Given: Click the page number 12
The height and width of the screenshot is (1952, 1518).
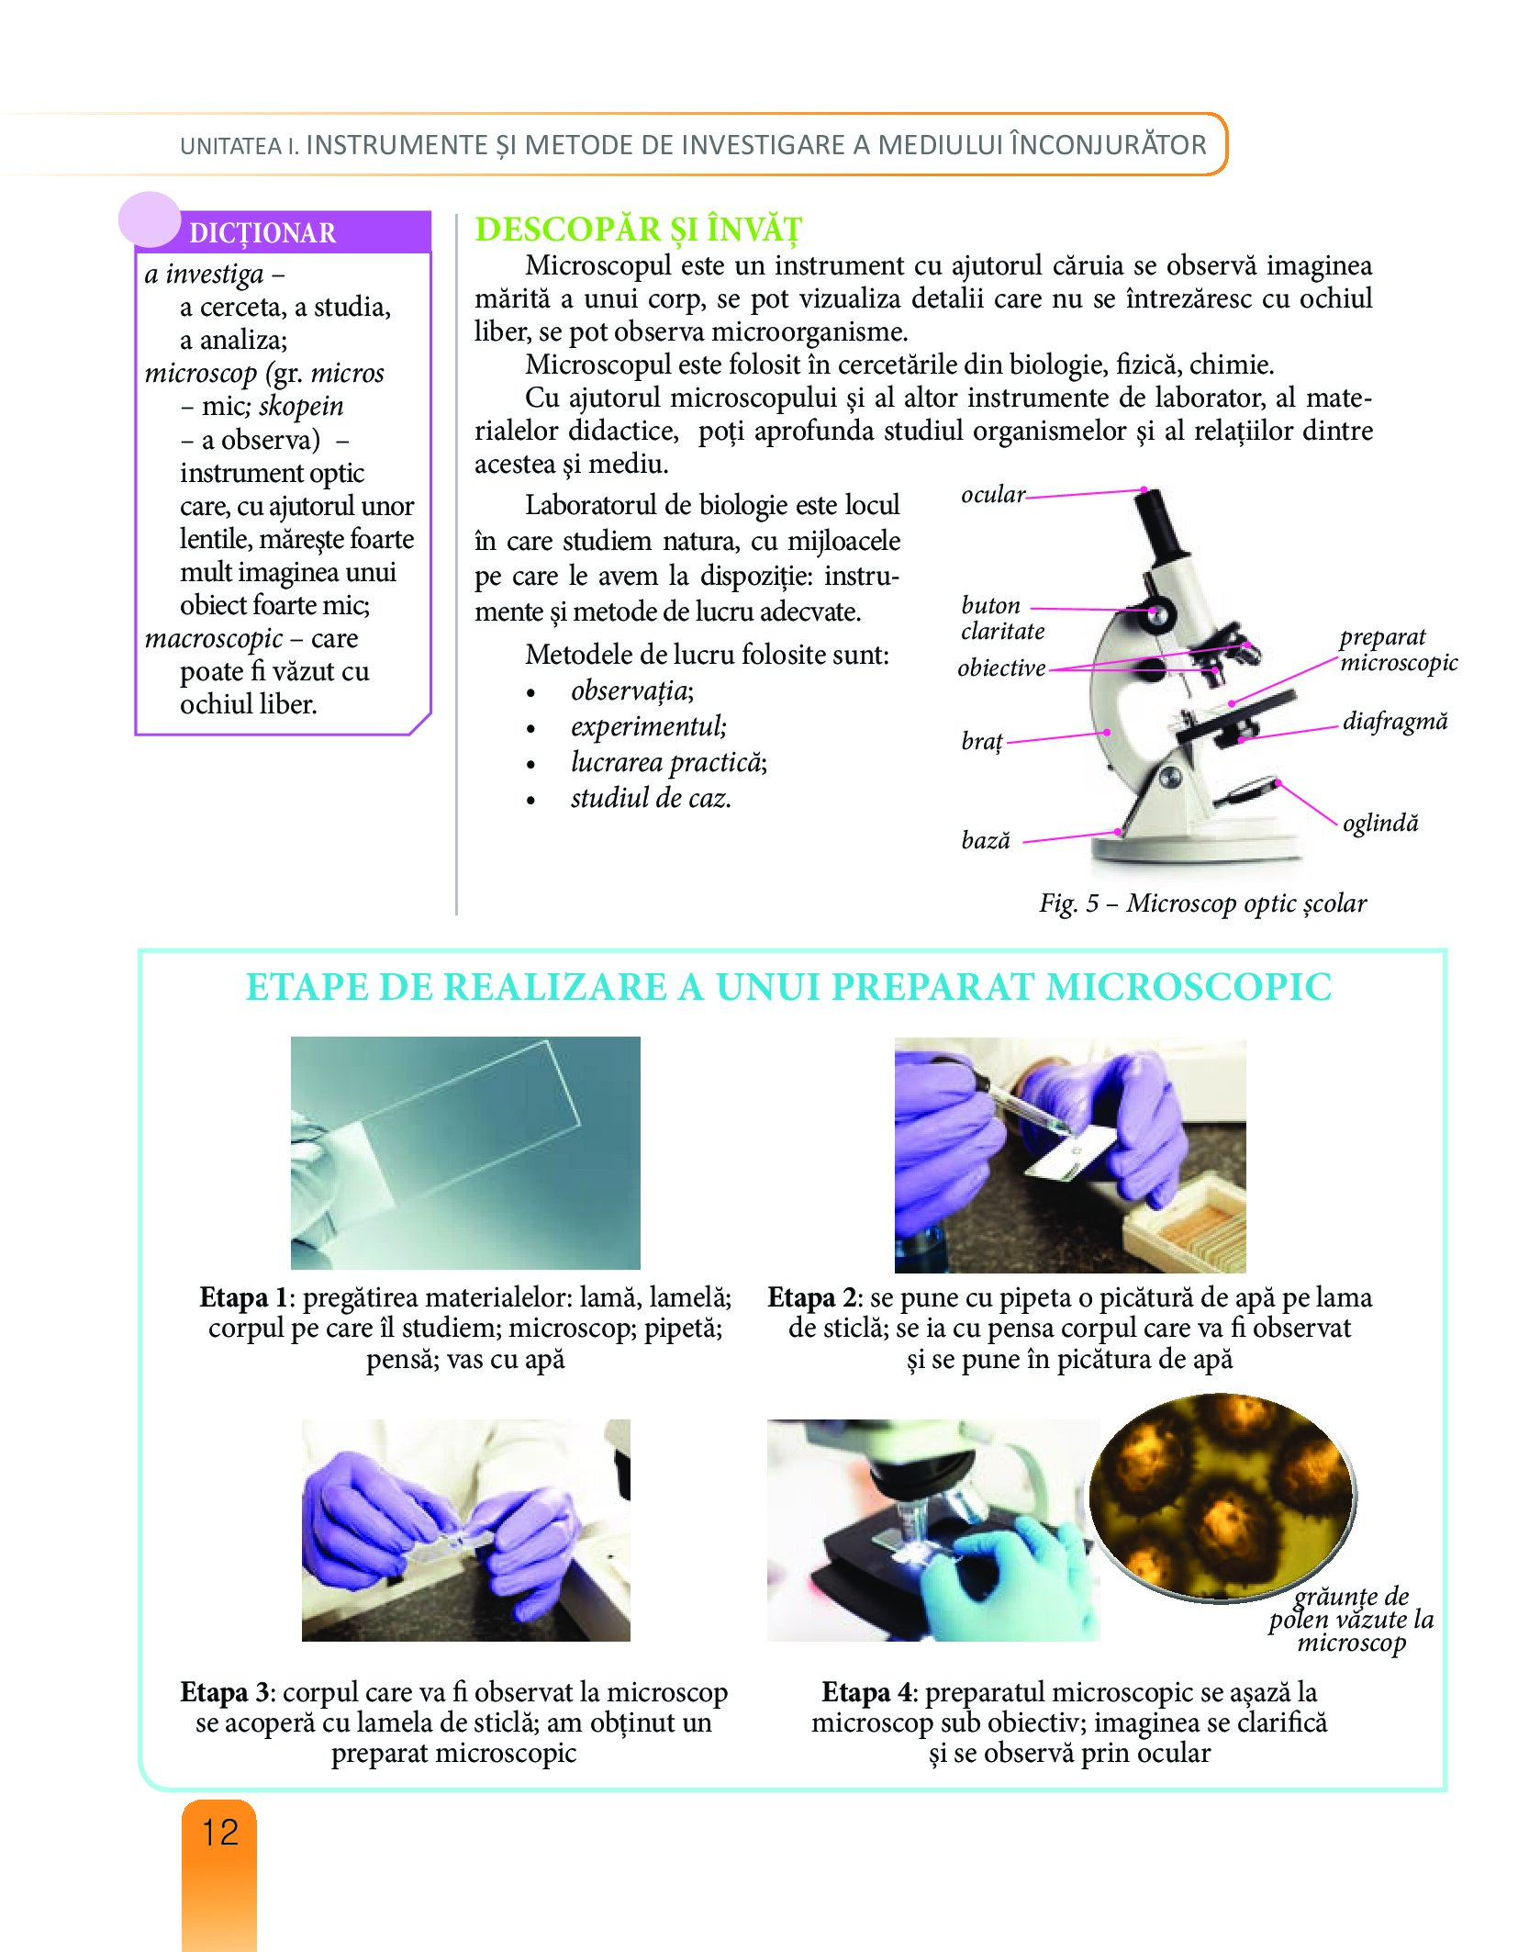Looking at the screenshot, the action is coord(220,1833).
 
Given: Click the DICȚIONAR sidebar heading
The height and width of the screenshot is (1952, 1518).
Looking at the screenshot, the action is coord(262,233).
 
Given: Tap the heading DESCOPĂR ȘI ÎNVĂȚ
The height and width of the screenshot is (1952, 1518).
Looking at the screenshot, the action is coord(639,230).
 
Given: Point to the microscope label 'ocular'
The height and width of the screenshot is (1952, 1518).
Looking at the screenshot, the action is coord(993,495).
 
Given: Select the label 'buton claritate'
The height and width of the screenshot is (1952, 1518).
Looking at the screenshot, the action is coord(1002,618).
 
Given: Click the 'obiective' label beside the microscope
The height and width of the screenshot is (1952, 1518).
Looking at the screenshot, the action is coord(1001,668).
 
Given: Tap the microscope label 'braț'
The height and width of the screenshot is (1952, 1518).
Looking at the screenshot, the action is coord(982,740).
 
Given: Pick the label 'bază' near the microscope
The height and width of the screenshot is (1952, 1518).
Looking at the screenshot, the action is coord(986,840).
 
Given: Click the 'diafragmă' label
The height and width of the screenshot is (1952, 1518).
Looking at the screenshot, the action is coord(1395,722).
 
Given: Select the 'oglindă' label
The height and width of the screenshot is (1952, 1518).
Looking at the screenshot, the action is coord(1380,823).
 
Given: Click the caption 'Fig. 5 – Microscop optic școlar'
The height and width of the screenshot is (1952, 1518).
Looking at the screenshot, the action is coord(1202,903).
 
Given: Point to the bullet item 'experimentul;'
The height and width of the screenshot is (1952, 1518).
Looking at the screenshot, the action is coord(649,726).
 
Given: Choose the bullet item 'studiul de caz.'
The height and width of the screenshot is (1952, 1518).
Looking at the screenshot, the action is coord(651,798).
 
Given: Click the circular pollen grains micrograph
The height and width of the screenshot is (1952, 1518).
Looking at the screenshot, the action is coord(1222,1498).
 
